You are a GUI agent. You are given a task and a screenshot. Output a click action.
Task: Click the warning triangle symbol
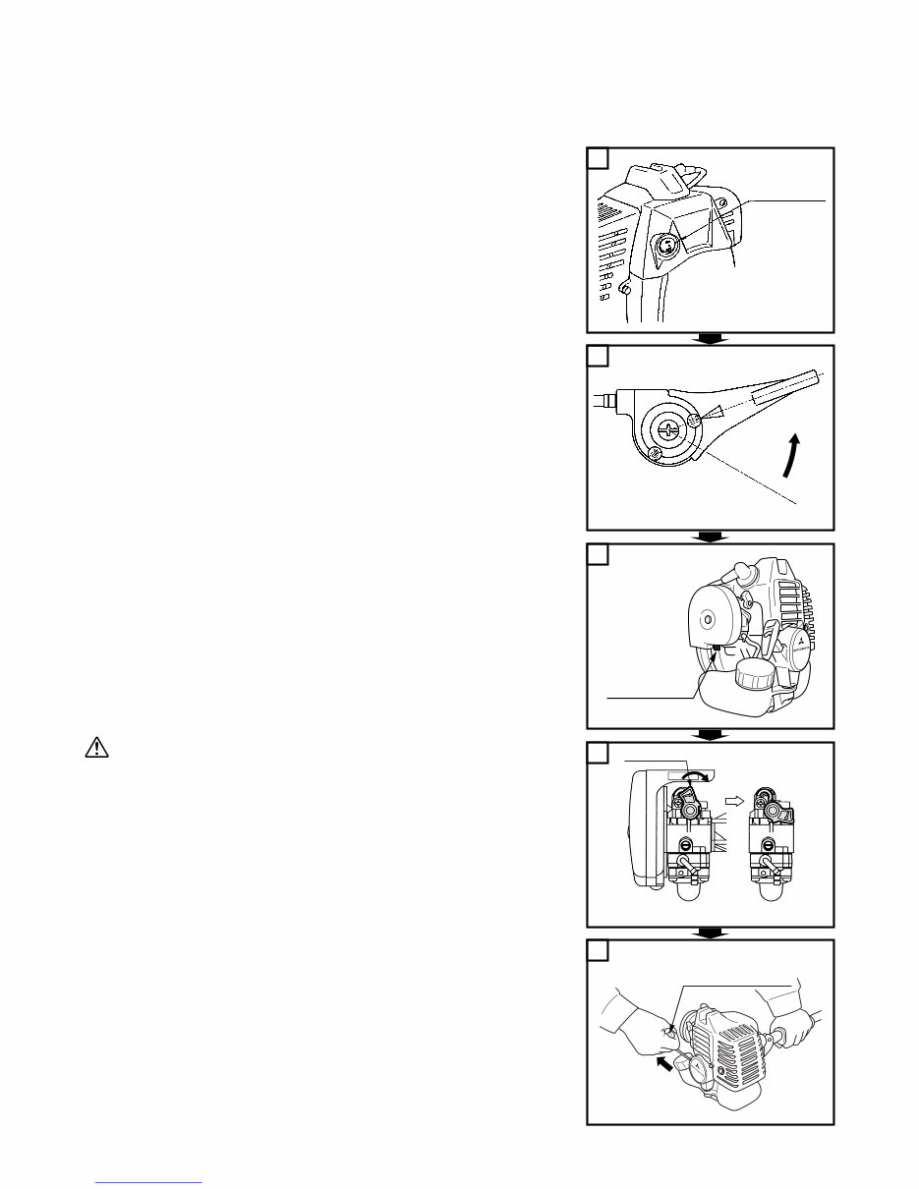(x=95, y=748)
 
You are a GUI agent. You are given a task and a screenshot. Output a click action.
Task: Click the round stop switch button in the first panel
(x=665, y=245)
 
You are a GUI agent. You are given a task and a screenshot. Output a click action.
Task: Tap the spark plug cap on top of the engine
(x=737, y=574)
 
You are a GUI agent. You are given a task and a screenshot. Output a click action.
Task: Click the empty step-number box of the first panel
(x=597, y=157)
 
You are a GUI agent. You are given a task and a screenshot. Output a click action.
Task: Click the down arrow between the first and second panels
(x=710, y=339)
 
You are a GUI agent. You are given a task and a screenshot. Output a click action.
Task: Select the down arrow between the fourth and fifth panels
(x=710, y=933)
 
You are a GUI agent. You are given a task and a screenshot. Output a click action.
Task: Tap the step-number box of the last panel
(x=597, y=950)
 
